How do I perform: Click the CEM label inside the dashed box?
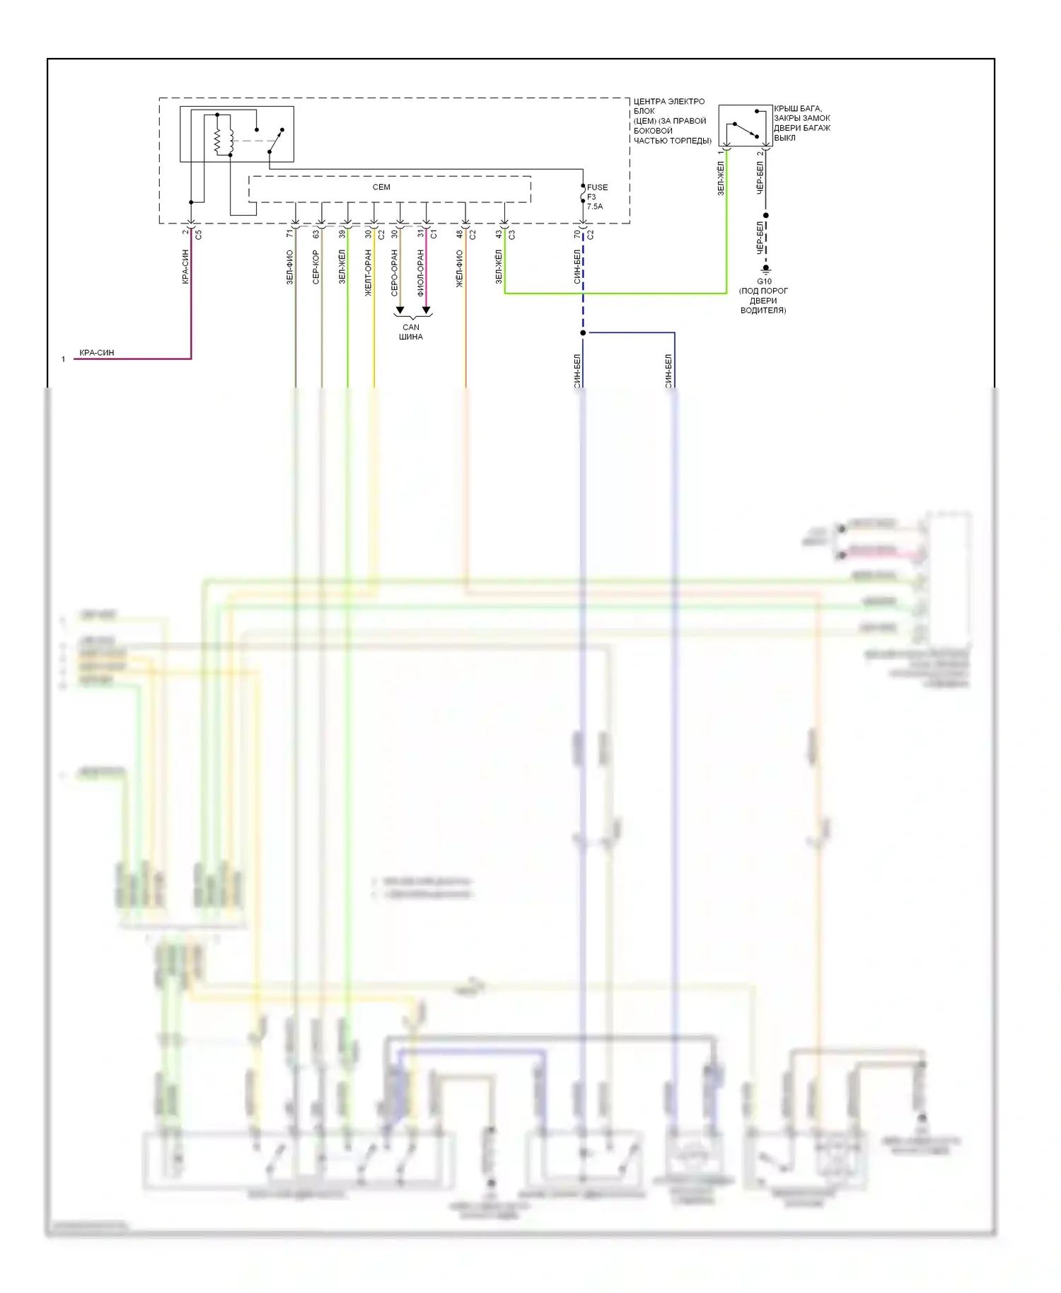381,187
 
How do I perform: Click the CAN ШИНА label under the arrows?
411,332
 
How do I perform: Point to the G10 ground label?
764,282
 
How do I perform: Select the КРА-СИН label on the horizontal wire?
97,352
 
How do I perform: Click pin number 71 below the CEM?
289,233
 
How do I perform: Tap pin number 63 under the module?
315,233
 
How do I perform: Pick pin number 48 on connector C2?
459,233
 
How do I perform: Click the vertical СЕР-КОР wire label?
315,267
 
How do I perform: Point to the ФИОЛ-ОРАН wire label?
420,272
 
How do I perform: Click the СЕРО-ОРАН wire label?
394,272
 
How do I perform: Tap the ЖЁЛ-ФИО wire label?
459,269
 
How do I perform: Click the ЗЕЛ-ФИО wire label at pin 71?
289,267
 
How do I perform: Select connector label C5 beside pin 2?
199,234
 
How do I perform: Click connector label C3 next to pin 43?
511,234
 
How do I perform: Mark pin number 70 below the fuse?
576,233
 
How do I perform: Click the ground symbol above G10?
765,269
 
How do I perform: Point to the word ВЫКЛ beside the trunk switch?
784,138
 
